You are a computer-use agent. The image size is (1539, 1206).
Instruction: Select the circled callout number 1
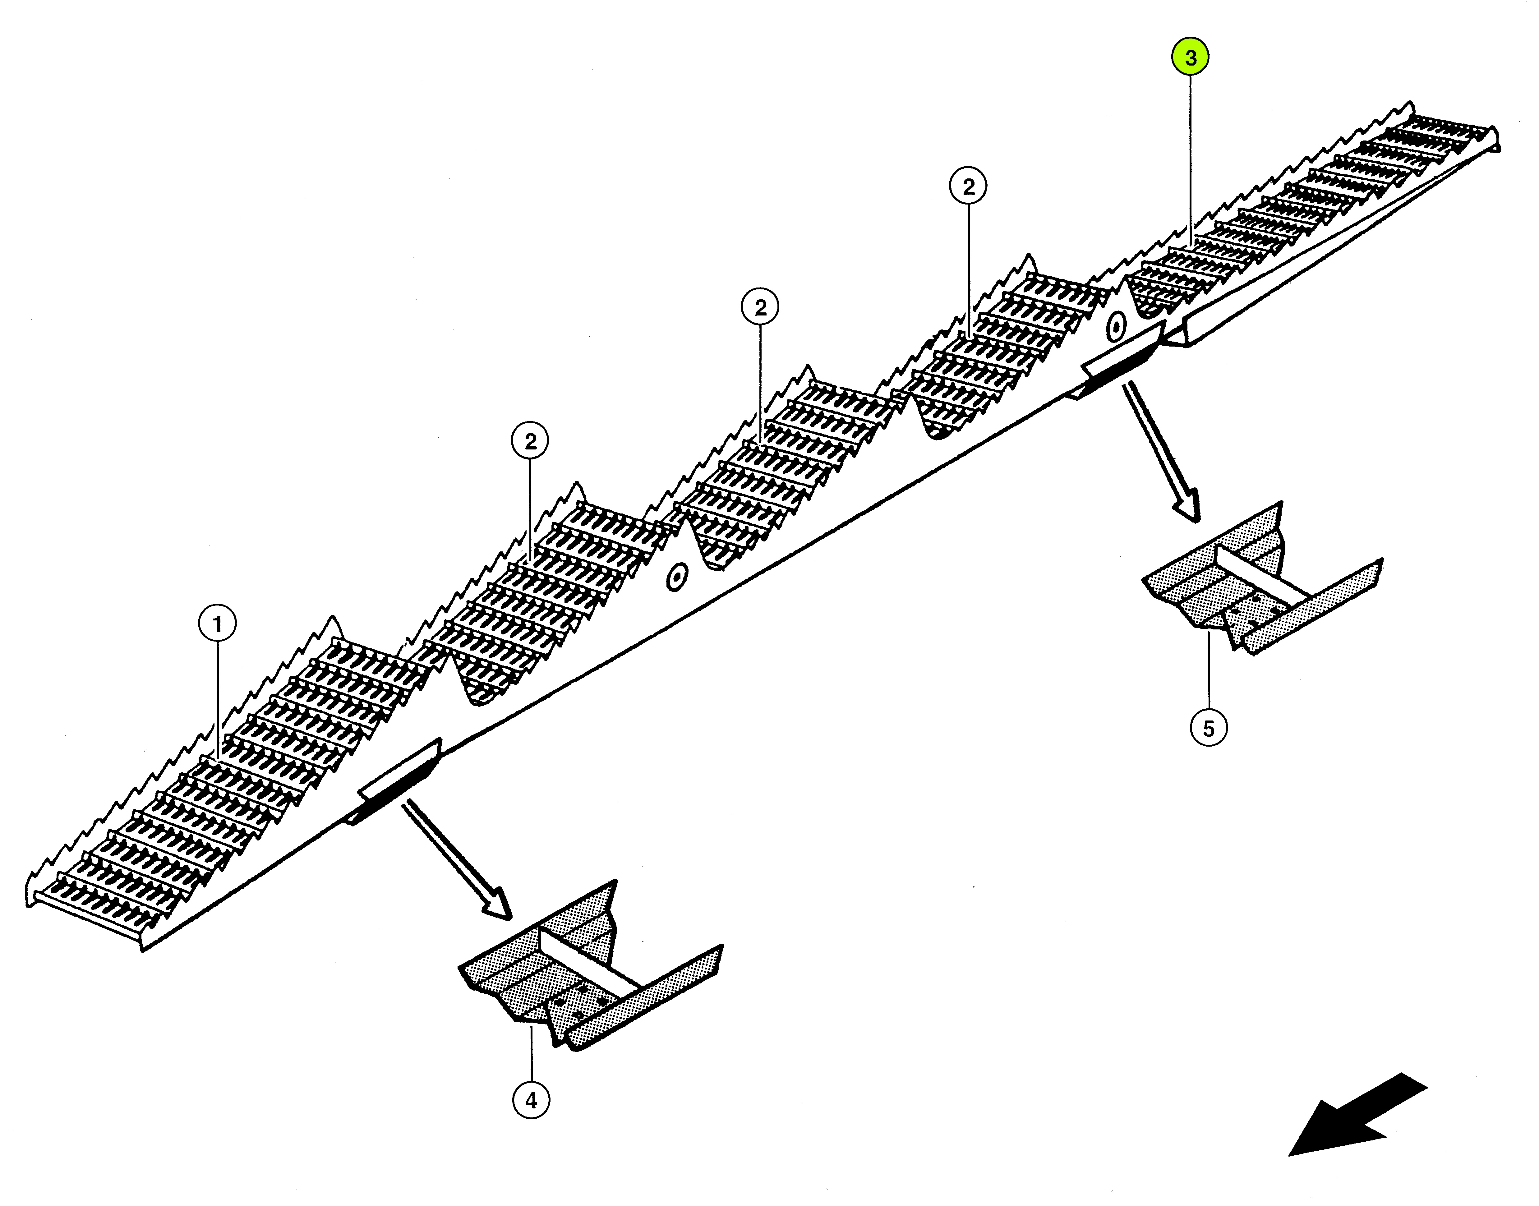(x=217, y=624)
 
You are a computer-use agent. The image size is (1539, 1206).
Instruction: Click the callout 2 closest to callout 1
(x=530, y=441)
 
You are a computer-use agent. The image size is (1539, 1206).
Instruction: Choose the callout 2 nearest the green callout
(x=969, y=186)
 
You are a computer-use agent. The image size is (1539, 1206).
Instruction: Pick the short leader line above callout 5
(x=1209, y=671)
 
